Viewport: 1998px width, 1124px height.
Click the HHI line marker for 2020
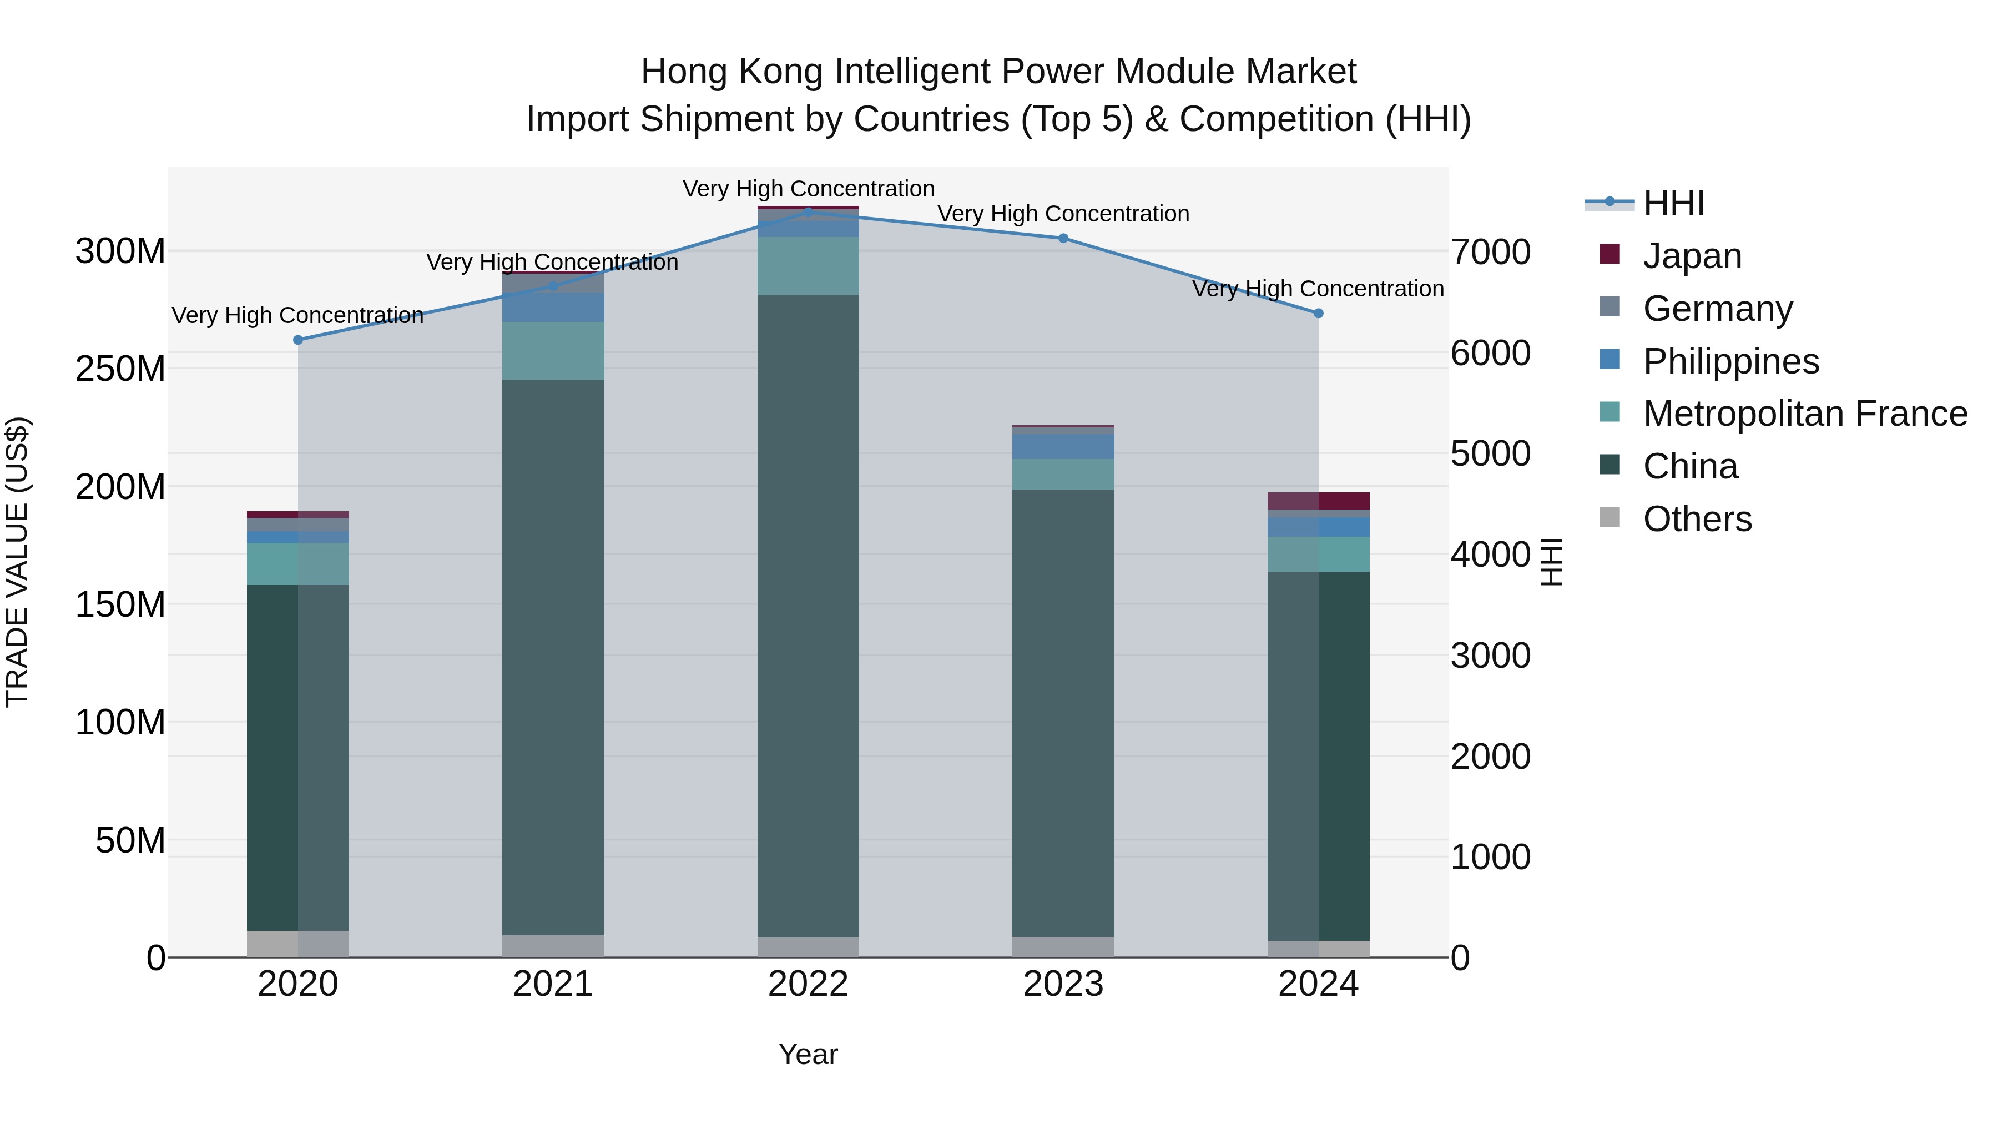click(x=298, y=340)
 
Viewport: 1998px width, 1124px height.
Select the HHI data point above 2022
click(x=808, y=212)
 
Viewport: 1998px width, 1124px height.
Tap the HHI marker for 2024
click(x=1318, y=314)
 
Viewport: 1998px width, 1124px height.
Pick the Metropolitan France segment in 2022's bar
click(x=808, y=266)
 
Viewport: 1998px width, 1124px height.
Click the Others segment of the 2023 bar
click(x=1063, y=947)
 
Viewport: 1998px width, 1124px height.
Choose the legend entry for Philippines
click(x=1730, y=361)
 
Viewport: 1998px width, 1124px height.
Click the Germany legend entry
click(x=1717, y=309)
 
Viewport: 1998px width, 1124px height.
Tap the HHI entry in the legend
click(x=1673, y=203)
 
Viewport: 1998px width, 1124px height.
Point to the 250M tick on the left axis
click(x=120, y=369)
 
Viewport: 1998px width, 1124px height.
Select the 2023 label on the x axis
click(x=1063, y=984)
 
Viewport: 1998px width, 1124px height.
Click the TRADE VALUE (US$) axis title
click(x=17, y=562)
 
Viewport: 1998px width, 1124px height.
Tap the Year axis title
click(x=808, y=1054)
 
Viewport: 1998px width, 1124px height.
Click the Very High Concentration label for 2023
click(x=1063, y=214)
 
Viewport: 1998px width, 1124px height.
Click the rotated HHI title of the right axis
click(x=1551, y=562)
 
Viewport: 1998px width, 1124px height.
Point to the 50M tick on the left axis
click(x=130, y=841)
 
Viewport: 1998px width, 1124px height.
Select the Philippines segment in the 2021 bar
click(x=553, y=307)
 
